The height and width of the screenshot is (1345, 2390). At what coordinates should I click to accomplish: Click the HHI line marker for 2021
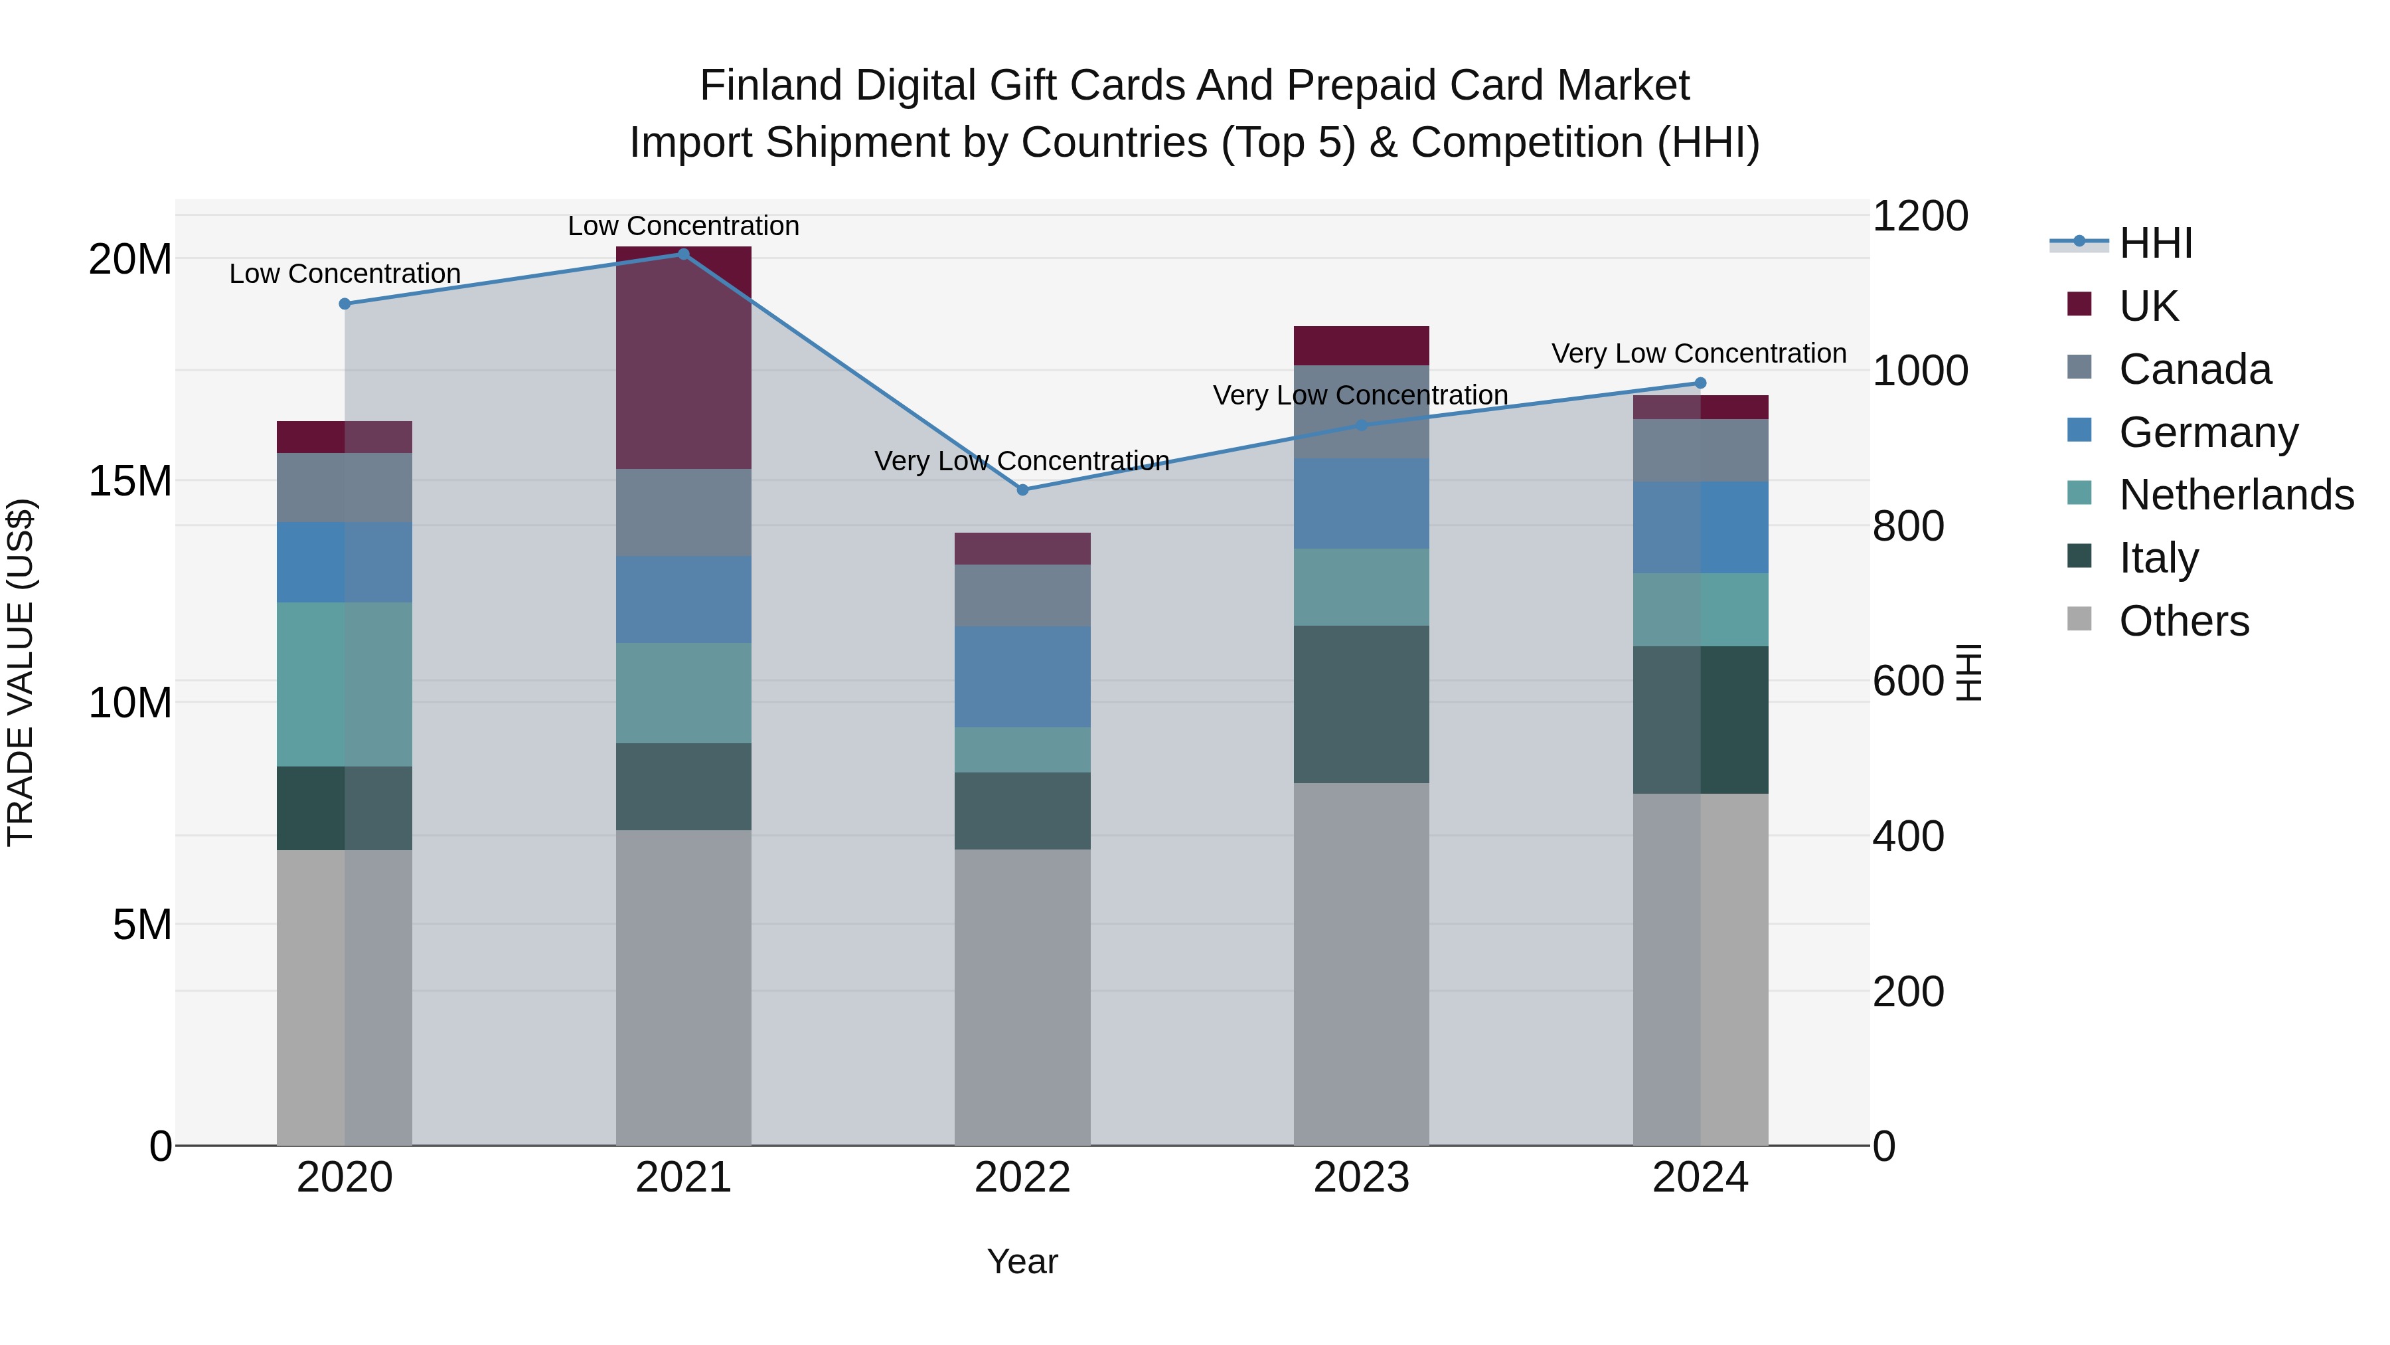(x=683, y=254)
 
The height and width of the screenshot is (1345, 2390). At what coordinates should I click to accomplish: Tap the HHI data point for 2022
(x=1022, y=490)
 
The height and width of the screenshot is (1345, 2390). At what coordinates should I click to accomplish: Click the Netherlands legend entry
(x=2235, y=495)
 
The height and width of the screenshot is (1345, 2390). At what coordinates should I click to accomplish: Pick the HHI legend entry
(x=2154, y=243)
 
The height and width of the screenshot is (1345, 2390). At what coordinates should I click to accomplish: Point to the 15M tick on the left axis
(x=130, y=481)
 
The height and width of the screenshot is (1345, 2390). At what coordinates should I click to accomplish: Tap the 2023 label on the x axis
(x=1361, y=1178)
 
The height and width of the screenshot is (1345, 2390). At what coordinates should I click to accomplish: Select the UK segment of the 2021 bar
(x=683, y=357)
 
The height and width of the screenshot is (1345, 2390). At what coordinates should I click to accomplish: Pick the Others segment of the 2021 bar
(x=683, y=987)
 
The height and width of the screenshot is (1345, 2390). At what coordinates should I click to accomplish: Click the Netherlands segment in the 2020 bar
(x=344, y=684)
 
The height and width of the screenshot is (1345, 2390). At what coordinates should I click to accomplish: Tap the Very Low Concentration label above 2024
(x=1699, y=353)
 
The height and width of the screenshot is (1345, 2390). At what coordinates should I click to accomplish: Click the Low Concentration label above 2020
(x=344, y=274)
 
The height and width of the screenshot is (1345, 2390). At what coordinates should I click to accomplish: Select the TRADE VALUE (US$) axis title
(x=21, y=672)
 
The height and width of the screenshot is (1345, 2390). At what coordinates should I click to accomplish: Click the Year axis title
(x=1022, y=1261)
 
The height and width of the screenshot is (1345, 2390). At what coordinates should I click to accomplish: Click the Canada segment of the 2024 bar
(x=1700, y=450)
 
